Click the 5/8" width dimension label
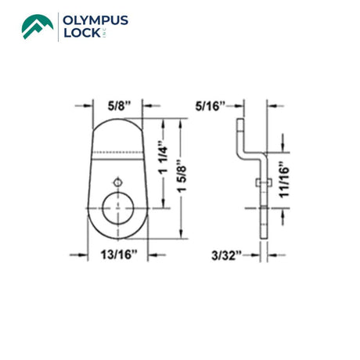tap(119, 106)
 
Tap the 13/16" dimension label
tap(119, 254)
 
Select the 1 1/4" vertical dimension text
tap(164, 158)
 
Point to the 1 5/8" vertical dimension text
tap(182, 175)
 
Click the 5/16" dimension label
tap(210, 106)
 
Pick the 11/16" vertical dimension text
tap(284, 180)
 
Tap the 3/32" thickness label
tap(226, 255)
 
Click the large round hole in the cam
tap(118, 208)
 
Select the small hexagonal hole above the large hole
tap(118, 182)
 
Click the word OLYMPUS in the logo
tap(95, 20)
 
